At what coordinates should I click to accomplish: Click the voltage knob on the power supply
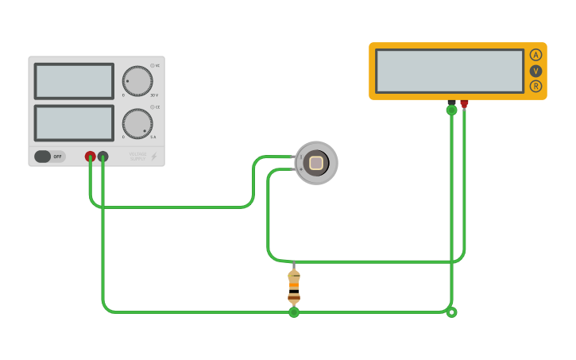coord(137,81)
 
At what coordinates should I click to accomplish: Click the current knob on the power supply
coord(137,124)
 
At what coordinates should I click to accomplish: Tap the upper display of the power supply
coord(74,81)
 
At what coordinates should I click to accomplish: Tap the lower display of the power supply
coord(74,123)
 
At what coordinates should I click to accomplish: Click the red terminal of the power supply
coord(91,157)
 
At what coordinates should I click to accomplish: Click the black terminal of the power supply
coord(102,157)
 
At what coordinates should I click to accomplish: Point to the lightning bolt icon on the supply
coord(154,157)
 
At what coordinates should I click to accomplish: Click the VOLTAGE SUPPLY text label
coord(137,157)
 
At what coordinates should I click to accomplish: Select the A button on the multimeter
coord(535,55)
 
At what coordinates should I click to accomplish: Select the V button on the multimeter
coord(535,71)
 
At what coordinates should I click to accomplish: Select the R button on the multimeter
coord(535,86)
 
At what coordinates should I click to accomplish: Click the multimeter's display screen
coord(450,71)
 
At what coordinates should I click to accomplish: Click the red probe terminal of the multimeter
coord(464,103)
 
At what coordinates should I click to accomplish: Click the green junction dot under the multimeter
coord(451,110)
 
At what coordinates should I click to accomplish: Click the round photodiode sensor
coord(316,163)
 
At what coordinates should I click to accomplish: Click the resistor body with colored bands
coord(294,287)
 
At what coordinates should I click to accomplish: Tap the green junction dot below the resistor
coord(294,312)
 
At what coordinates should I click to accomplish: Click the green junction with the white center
coord(451,312)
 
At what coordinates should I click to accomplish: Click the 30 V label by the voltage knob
coord(154,95)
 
